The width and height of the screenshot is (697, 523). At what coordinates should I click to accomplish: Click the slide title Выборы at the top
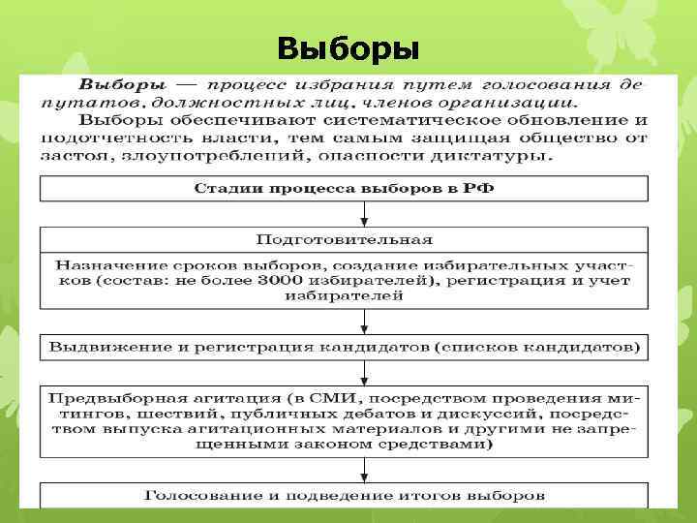[x=348, y=47]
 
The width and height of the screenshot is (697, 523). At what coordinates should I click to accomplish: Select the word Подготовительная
[x=345, y=238]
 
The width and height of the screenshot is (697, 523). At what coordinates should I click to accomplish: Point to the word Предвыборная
[x=106, y=397]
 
